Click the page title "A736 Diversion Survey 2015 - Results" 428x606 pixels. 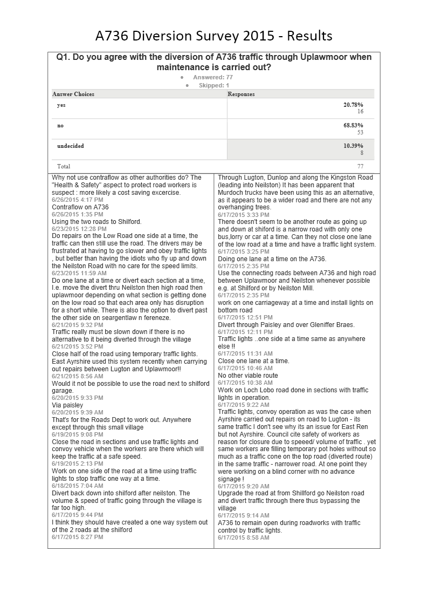point(213,36)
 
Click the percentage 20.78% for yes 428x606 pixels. point(353,105)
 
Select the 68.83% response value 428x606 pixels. point(353,125)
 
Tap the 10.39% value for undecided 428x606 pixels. point(353,146)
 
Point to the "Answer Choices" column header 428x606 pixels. point(73,94)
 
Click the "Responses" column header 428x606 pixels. point(241,94)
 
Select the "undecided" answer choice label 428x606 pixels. point(71,146)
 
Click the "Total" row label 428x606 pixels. point(64,166)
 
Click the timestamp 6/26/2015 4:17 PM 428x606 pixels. point(77,200)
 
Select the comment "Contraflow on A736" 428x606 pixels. point(80,207)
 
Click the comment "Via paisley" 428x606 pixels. point(67,405)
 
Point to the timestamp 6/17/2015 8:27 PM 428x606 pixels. point(77,537)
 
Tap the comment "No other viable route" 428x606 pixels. point(248,376)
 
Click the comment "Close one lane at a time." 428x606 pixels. point(253,361)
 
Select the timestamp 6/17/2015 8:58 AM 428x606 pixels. point(243,537)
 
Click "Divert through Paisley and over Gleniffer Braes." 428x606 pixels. point(286,324)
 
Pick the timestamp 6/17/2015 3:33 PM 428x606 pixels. point(243,215)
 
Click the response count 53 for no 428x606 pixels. point(360,132)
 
